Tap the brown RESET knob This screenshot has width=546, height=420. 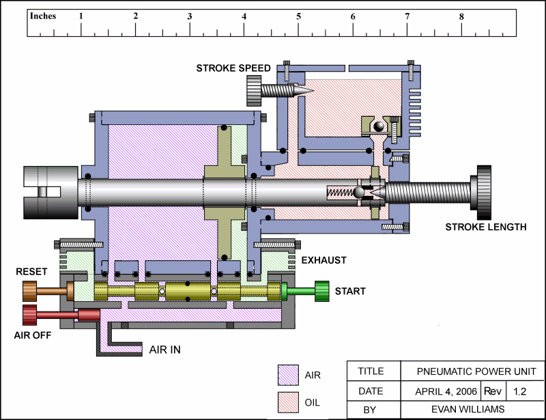click(x=29, y=292)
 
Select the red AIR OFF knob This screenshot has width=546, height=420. click(x=29, y=315)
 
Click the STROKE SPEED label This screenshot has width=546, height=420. click(x=233, y=68)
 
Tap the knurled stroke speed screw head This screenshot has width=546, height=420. click(x=254, y=89)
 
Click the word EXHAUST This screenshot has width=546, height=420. click(x=324, y=260)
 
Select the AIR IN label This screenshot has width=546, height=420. click(x=165, y=350)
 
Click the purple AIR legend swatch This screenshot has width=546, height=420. click(x=287, y=374)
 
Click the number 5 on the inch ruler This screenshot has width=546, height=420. click(x=298, y=16)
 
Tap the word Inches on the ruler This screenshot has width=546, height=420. click(x=43, y=16)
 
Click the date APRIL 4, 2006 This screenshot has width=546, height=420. click(x=445, y=392)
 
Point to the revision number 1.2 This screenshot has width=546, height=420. click(x=519, y=392)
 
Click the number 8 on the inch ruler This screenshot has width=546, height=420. click(x=461, y=16)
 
